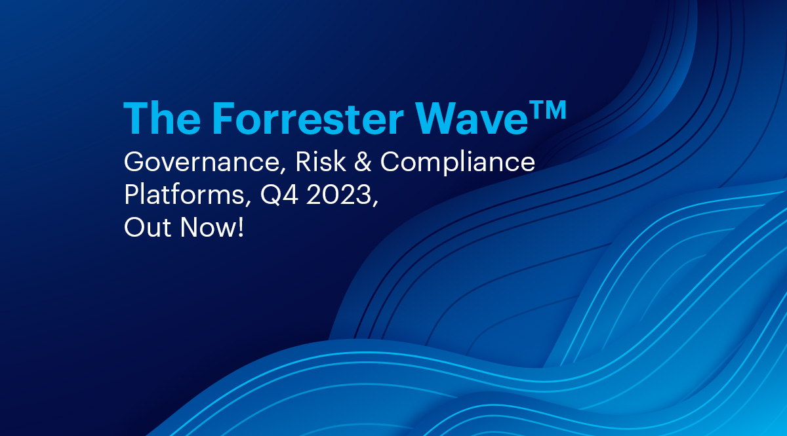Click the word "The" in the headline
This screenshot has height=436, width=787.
162,118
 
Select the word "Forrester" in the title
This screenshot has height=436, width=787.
308,118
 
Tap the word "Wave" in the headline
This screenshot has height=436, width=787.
472,119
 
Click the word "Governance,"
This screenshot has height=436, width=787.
205,163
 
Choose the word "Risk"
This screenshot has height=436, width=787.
321,161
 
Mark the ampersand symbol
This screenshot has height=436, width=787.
363,162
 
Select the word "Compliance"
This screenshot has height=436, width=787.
458,163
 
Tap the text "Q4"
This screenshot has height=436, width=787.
279,195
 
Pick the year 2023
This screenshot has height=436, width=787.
338,194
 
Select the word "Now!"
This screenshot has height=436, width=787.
211,227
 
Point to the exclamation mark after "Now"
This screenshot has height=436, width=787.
240,227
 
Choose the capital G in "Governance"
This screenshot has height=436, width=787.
135,161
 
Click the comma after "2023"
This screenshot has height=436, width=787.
376,203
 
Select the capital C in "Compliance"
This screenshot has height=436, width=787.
391,161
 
